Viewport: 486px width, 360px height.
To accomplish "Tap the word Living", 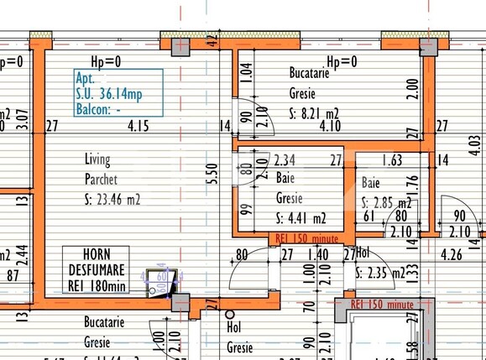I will (97, 159).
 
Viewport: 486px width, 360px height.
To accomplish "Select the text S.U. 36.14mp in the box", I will (108, 94).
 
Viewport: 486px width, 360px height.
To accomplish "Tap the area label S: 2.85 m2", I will (386, 203).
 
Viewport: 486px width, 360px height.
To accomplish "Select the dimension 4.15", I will (138, 127).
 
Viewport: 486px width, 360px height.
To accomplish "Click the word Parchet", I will (101, 179).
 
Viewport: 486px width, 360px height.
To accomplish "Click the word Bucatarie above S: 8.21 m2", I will (309, 73).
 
